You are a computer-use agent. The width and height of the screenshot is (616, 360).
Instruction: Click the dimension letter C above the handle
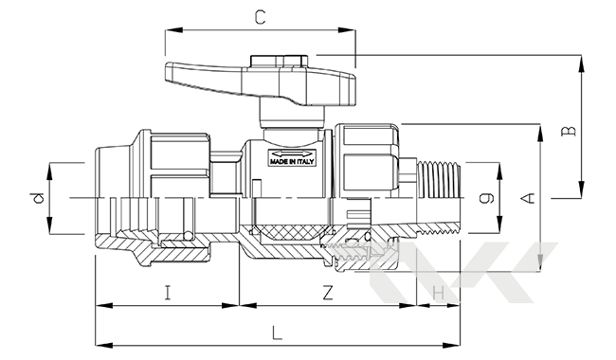tap(260, 16)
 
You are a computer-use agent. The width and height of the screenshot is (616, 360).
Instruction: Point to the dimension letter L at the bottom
tap(276, 334)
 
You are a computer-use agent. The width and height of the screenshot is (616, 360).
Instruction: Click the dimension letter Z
tap(327, 294)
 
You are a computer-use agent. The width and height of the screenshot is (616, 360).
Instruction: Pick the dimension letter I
tap(167, 294)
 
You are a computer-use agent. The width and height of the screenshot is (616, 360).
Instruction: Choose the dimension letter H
tap(438, 294)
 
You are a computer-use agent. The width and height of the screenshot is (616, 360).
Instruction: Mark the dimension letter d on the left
tap(35, 198)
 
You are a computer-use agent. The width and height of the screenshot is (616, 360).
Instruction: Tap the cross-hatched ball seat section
tap(289, 230)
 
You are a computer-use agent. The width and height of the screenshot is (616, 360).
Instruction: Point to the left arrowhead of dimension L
tap(99, 343)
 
